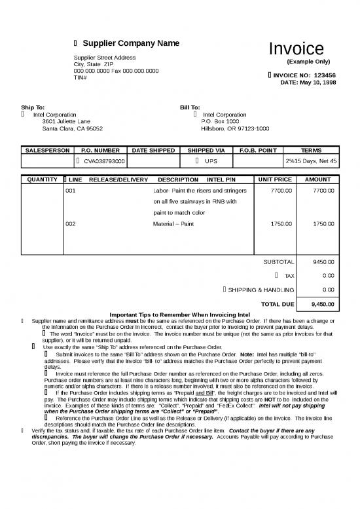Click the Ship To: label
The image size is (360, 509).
tap(33, 107)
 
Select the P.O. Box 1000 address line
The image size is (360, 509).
tap(220, 121)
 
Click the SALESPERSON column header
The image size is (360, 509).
tap(46, 151)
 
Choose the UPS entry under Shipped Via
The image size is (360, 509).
tap(210, 160)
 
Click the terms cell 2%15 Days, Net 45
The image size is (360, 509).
tap(311, 160)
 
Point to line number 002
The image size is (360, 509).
tap(71, 224)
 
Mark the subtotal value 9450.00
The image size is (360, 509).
tap(323, 261)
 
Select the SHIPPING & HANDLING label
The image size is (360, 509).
tap(261, 290)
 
